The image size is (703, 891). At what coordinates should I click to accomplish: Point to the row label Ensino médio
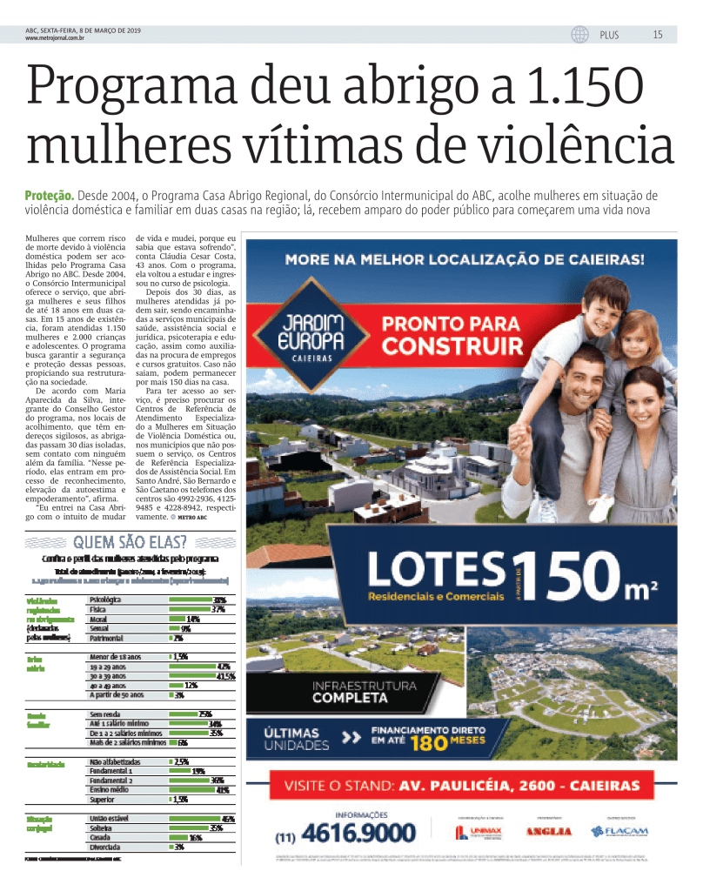coord(110,790)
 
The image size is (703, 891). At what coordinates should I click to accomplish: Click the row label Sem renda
coord(104,713)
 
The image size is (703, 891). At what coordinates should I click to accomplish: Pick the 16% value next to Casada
coord(196,838)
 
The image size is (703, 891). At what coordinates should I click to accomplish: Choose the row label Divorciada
coord(105,847)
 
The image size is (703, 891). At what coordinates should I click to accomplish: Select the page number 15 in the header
coord(658,35)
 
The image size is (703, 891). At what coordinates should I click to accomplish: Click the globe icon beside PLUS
coord(579,35)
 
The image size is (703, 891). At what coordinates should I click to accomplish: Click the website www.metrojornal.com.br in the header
coord(55,38)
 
